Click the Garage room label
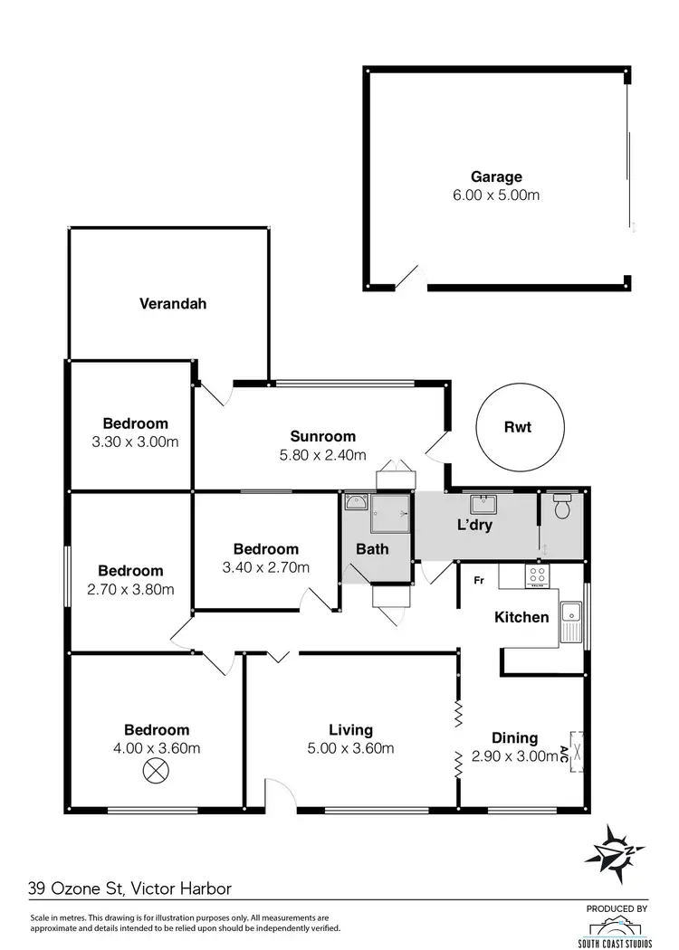pos(495,177)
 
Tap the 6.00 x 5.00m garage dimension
pos(495,195)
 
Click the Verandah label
pos(172,304)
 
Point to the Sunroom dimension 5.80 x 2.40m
pos(322,454)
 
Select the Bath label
pos(372,548)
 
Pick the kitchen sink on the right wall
pos(571,622)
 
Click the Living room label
pos(350,730)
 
